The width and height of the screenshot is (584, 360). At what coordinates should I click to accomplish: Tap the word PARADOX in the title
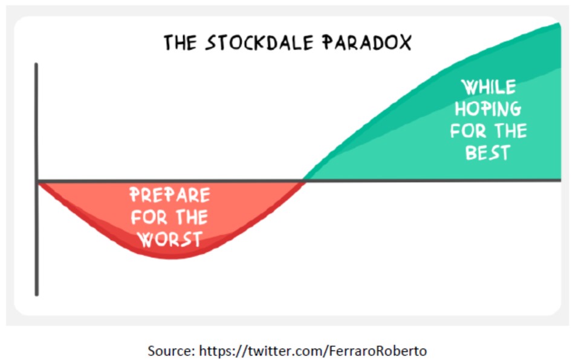tap(367, 42)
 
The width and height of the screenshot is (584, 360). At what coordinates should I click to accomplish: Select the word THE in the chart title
tap(180, 42)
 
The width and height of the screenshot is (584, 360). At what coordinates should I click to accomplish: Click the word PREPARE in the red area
tap(169, 195)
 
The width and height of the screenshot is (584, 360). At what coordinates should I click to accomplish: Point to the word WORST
tap(170, 239)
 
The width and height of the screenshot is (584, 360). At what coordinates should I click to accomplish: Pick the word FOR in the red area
tap(149, 217)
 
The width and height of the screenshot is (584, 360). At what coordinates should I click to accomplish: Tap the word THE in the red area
tap(192, 217)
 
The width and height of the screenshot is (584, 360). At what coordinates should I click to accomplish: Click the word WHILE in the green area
tap(488, 87)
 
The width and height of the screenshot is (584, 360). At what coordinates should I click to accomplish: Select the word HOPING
tap(488, 109)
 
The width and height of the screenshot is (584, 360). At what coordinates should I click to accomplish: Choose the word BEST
tap(487, 153)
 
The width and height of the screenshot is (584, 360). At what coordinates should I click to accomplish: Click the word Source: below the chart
tap(171, 351)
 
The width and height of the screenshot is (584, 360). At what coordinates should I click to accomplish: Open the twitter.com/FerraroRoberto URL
tap(313, 351)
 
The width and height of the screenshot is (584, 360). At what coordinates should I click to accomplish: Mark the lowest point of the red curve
tap(171, 257)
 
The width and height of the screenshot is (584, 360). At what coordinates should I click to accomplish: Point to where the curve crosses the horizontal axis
tap(305, 180)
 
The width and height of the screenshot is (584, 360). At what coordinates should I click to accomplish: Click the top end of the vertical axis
tap(36, 64)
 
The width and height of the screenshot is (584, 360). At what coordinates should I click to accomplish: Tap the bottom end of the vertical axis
tap(36, 295)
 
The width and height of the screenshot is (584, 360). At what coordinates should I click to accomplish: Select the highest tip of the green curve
tap(559, 24)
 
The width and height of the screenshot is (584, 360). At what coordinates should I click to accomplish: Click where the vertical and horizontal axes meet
tap(37, 181)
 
